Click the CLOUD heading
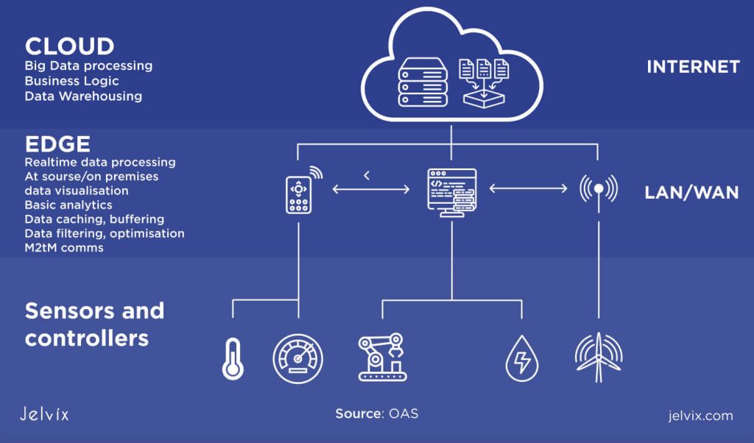click(x=69, y=46)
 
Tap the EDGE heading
click(x=57, y=143)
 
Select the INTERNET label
click(x=693, y=67)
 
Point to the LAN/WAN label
click(x=691, y=193)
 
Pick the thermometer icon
click(x=233, y=358)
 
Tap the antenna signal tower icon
click(x=598, y=188)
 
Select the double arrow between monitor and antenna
click(x=528, y=189)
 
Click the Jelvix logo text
click(x=45, y=414)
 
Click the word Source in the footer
click(x=358, y=414)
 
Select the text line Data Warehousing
click(x=83, y=96)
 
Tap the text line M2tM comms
click(x=64, y=247)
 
